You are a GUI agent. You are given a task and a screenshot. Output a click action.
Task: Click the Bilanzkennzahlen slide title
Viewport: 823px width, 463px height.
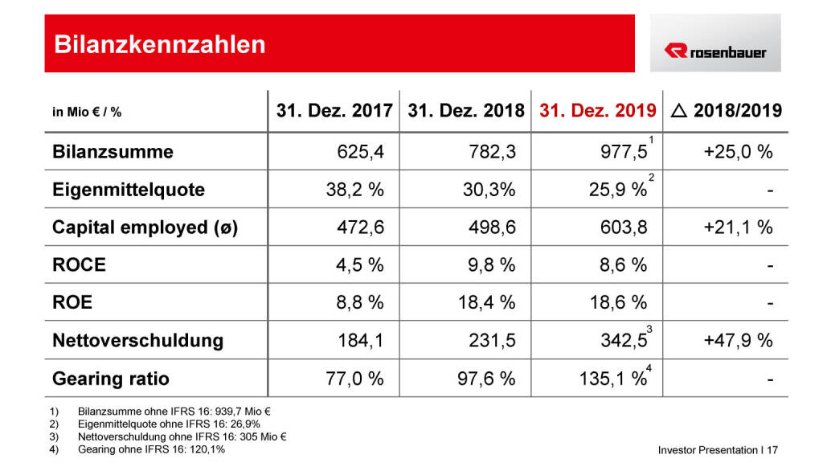click(x=159, y=43)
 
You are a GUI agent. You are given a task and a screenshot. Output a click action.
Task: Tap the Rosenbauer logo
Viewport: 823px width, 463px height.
click(x=714, y=51)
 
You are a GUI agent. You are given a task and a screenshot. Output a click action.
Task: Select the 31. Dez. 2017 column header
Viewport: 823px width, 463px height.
click(x=334, y=111)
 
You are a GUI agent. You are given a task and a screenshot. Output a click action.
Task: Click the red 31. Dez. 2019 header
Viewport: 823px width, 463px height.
click(x=597, y=111)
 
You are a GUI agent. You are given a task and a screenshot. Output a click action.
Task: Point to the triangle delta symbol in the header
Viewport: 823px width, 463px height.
click(x=678, y=111)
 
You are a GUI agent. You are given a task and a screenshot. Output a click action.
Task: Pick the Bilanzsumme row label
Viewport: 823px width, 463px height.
click(x=113, y=151)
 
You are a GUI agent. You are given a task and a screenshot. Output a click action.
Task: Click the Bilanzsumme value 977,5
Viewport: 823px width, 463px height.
click(x=618, y=152)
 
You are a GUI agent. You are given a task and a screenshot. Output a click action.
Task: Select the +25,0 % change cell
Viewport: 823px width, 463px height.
click(x=738, y=152)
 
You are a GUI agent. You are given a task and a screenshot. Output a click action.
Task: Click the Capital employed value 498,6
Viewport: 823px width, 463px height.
click(x=492, y=227)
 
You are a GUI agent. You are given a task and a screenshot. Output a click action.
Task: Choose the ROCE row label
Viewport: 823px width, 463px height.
click(x=79, y=264)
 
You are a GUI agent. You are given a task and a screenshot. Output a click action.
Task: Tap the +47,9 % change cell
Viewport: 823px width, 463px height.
click(x=738, y=340)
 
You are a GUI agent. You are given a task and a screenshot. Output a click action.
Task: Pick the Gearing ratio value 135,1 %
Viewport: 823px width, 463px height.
click(x=611, y=378)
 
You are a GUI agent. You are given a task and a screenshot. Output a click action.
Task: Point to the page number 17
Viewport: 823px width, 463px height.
click(x=772, y=450)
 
